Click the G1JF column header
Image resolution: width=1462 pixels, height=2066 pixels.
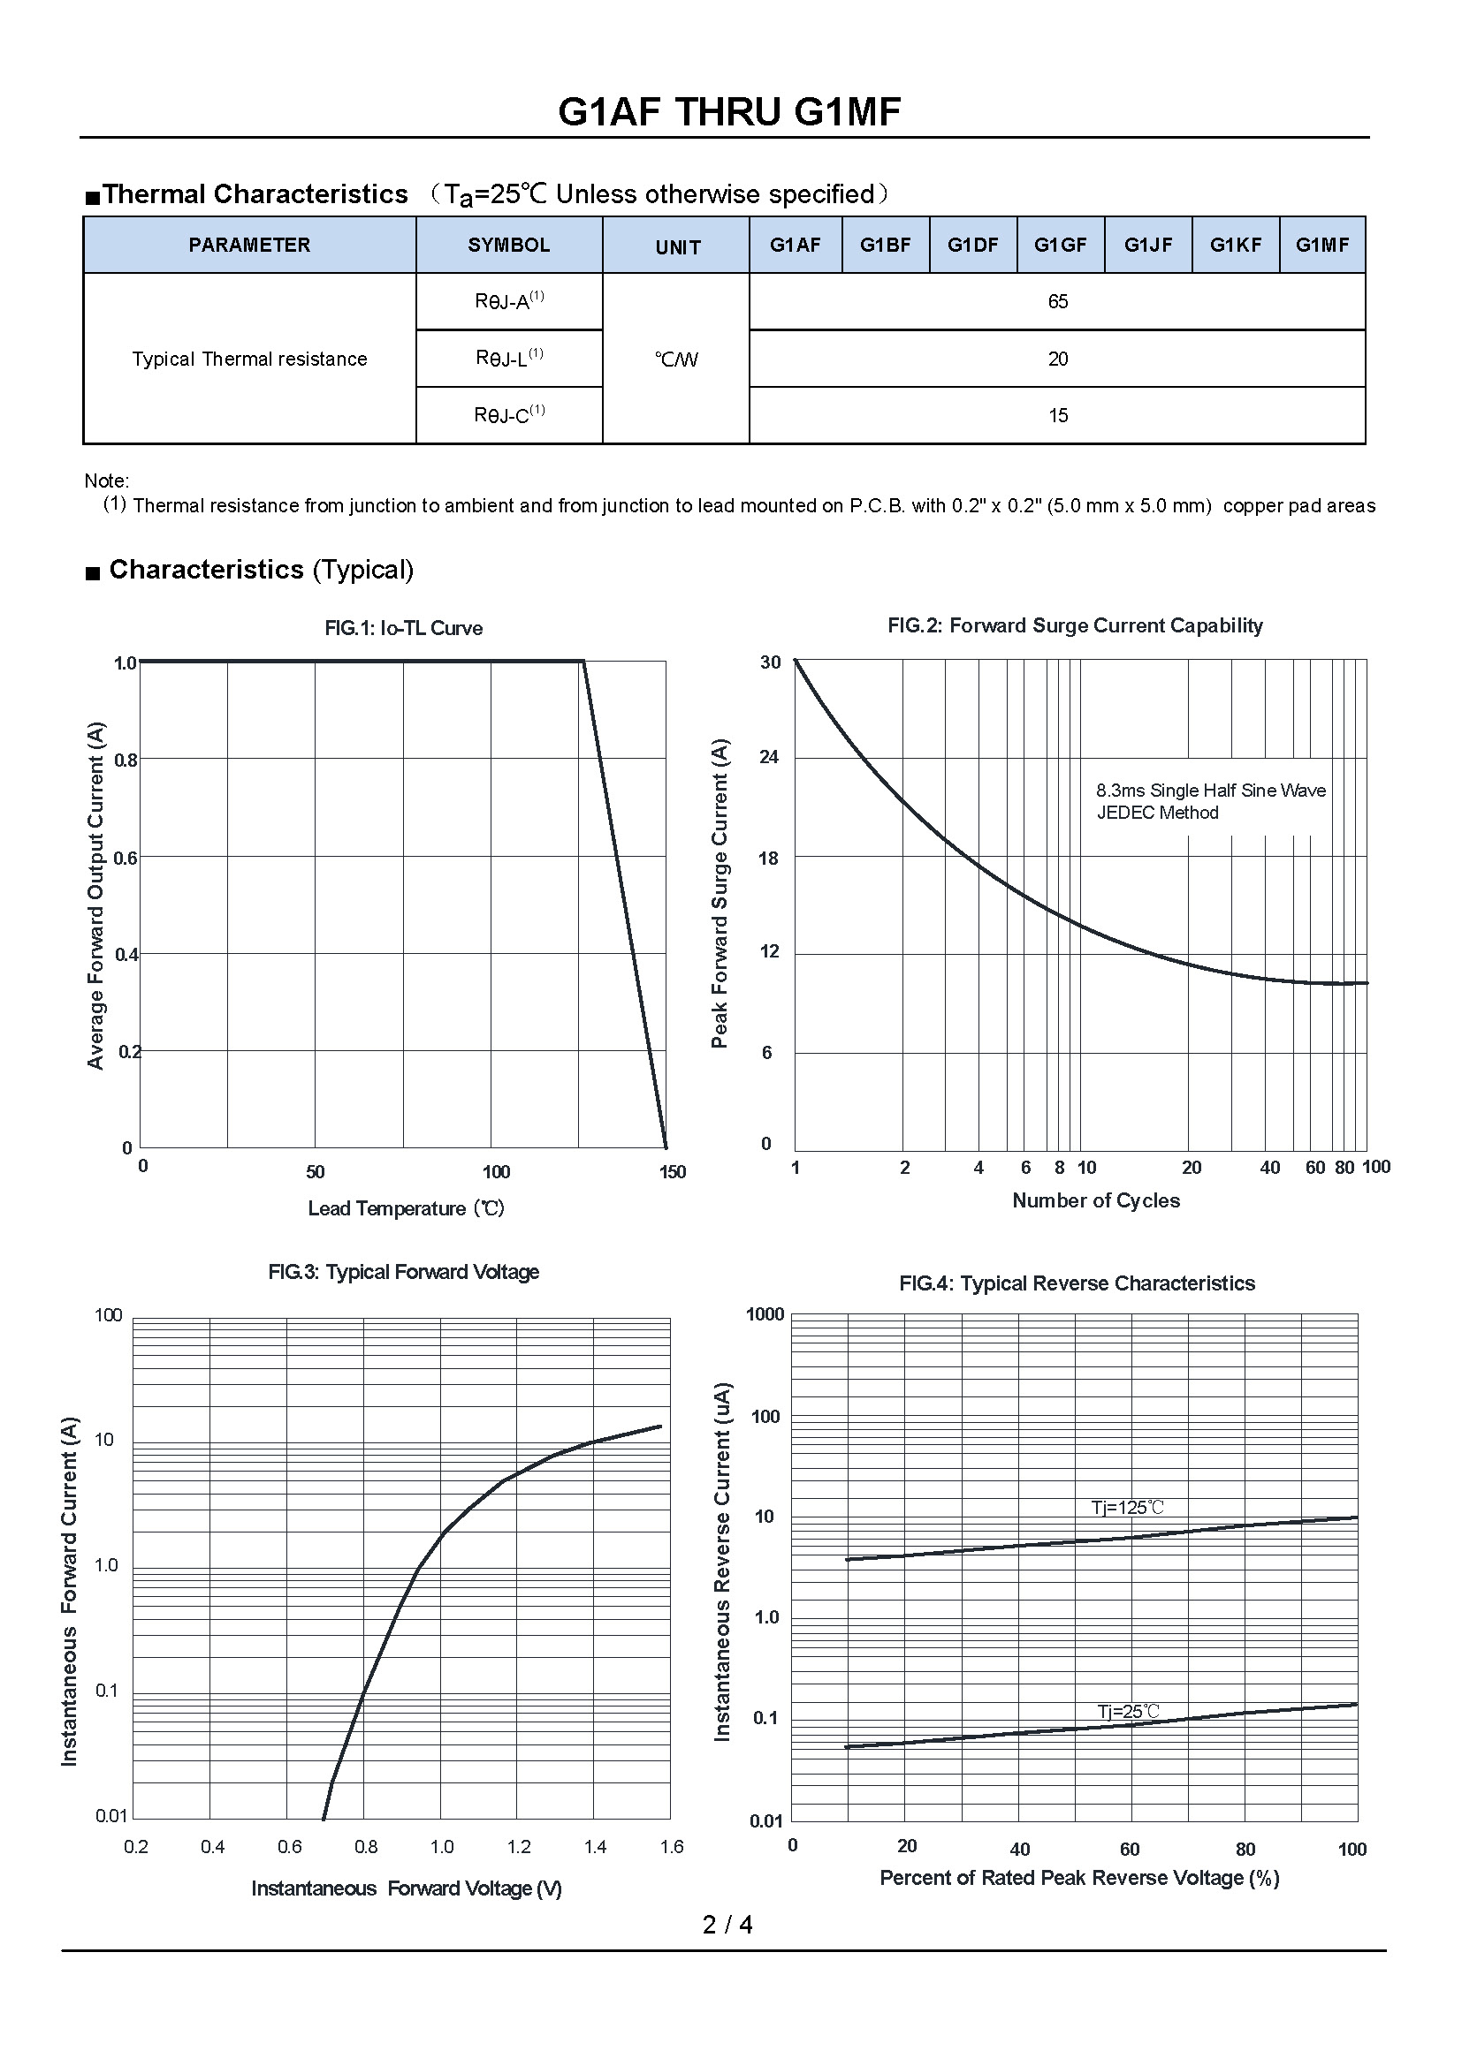(1148, 245)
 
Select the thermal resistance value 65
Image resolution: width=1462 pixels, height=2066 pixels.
(1057, 301)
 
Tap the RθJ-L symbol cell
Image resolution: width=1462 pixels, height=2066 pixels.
(508, 358)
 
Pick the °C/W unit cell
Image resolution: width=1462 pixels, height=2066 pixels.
(676, 359)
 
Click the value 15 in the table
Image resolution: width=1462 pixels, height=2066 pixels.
(1057, 416)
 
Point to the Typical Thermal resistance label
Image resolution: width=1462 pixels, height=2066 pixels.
(249, 359)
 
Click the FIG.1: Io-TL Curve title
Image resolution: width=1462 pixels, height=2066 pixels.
(403, 628)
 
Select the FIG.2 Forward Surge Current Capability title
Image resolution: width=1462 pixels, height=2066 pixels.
(1075, 625)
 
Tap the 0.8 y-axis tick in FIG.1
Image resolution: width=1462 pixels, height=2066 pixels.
(126, 761)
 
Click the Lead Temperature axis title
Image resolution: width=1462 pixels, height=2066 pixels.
(406, 1208)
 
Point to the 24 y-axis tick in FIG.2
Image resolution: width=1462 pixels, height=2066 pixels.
(769, 757)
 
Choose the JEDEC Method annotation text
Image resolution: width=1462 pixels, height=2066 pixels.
(1157, 813)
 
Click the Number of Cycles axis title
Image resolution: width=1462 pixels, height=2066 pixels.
(1095, 1200)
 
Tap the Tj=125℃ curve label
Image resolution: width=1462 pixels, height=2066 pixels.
(1127, 1507)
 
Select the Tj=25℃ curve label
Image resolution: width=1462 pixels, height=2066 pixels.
(1128, 1711)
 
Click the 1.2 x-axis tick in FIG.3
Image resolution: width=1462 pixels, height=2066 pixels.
(519, 1847)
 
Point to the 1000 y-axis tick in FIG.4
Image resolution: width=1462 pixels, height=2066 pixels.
(765, 1314)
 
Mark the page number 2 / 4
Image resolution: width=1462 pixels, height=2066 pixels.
(727, 1925)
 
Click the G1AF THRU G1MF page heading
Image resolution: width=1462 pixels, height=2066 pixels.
(729, 112)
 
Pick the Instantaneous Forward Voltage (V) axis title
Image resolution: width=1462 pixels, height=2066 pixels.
(406, 1888)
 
